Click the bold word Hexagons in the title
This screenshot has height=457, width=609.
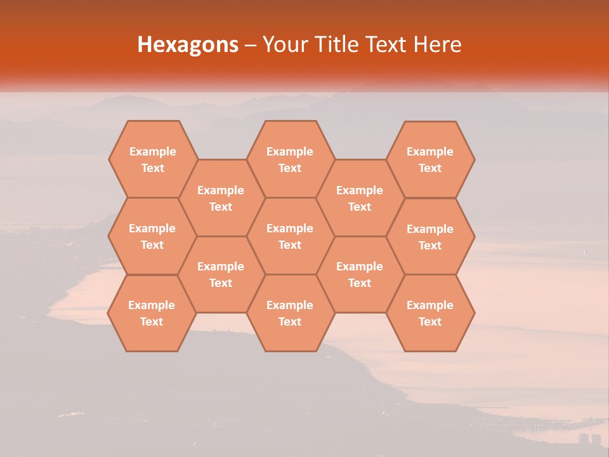pyautogui.click(x=188, y=44)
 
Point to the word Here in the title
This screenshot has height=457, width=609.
pyautogui.click(x=437, y=44)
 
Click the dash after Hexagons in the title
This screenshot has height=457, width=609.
pyautogui.click(x=251, y=45)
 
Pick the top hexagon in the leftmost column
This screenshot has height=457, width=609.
pyautogui.click(x=152, y=159)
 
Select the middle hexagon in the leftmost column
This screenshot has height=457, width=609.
pyautogui.click(x=152, y=236)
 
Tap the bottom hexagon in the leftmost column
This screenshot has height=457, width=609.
pyautogui.click(x=152, y=313)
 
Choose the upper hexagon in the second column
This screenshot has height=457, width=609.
pyautogui.click(x=221, y=198)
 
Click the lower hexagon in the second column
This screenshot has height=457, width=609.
pyautogui.click(x=221, y=274)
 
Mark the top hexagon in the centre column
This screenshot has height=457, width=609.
pyautogui.click(x=290, y=159)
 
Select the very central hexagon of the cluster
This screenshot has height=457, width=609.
pyautogui.click(x=290, y=236)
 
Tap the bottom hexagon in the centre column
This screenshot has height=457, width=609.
pyautogui.click(x=290, y=313)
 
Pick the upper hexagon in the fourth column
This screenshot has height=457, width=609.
pyautogui.click(x=360, y=198)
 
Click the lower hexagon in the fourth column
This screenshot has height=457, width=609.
pyautogui.click(x=360, y=274)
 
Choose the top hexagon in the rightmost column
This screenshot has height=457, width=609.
pyautogui.click(x=430, y=159)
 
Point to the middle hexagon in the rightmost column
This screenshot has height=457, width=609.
pyautogui.click(x=430, y=237)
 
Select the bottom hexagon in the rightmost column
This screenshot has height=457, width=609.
pyautogui.click(x=430, y=313)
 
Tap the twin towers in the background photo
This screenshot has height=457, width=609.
pyautogui.click(x=589, y=439)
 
